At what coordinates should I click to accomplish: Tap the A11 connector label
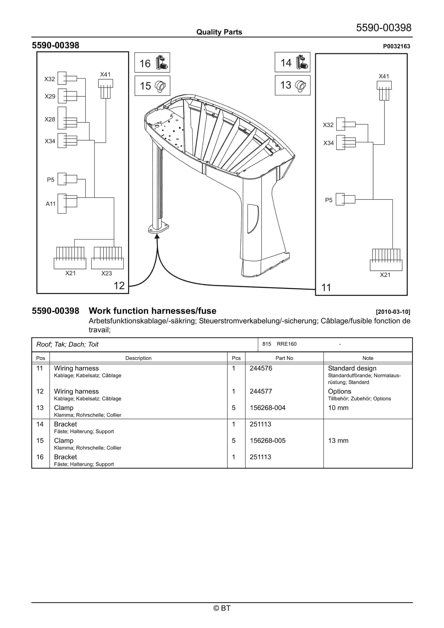pyautogui.click(x=50, y=204)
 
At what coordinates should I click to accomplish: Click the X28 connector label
pyautogui.click(x=50, y=119)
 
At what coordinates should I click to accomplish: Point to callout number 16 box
pyautogui.click(x=152, y=63)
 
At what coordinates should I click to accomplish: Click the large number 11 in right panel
pyautogui.click(x=326, y=288)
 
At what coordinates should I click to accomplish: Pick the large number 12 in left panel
pyautogui.click(x=119, y=285)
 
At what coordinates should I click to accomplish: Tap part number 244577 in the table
pyautogui.click(x=261, y=391)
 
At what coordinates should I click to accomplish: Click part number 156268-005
pyautogui.click(x=268, y=441)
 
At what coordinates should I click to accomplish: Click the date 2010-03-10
pyautogui.click(x=393, y=312)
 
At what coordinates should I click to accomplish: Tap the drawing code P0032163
pyautogui.click(x=396, y=46)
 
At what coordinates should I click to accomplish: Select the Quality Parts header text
pyautogui.click(x=219, y=32)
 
